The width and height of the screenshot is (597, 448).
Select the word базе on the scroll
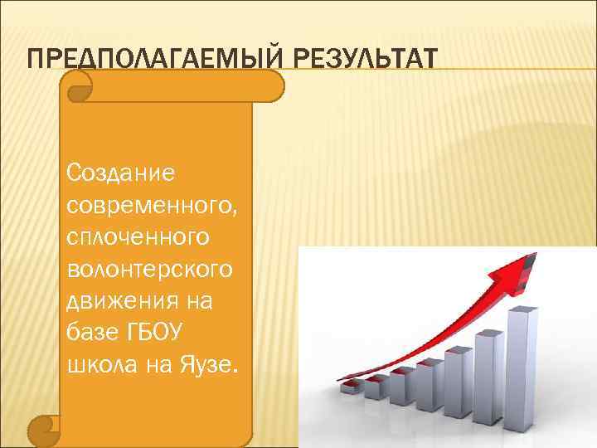(x=91, y=334)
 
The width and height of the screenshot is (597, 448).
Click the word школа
(x=96, y=366)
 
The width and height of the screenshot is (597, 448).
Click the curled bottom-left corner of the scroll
(x=41, y=429)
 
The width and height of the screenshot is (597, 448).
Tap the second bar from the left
(x=378, y=389)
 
